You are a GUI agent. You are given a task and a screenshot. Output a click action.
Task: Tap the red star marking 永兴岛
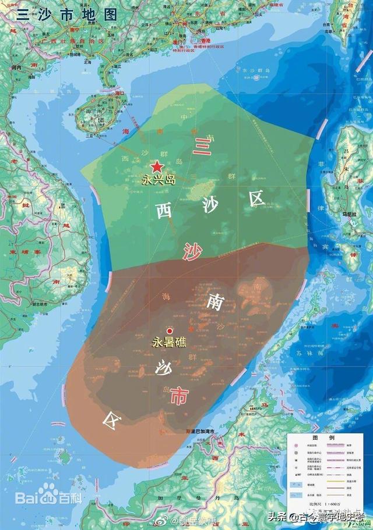(157, 165)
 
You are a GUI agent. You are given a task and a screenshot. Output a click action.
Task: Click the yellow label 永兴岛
(159, 180)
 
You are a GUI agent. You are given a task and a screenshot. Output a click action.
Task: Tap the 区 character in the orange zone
(110, 417)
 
